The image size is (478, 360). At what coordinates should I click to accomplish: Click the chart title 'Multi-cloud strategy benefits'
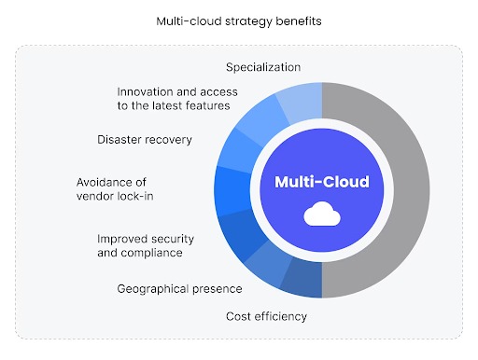pos(238,20)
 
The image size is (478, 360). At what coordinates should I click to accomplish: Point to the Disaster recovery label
pos(144,140)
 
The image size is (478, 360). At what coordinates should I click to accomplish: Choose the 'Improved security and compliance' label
pos(139,245)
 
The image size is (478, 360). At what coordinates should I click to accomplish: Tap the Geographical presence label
pos(179,289)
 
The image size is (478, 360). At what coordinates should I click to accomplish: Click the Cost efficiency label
pos(266,316)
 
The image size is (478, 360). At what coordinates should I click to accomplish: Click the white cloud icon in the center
pos(321,215)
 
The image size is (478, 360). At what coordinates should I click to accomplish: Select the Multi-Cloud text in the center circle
pos(321,181)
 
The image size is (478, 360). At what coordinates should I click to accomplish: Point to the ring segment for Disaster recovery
pos(241,149)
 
